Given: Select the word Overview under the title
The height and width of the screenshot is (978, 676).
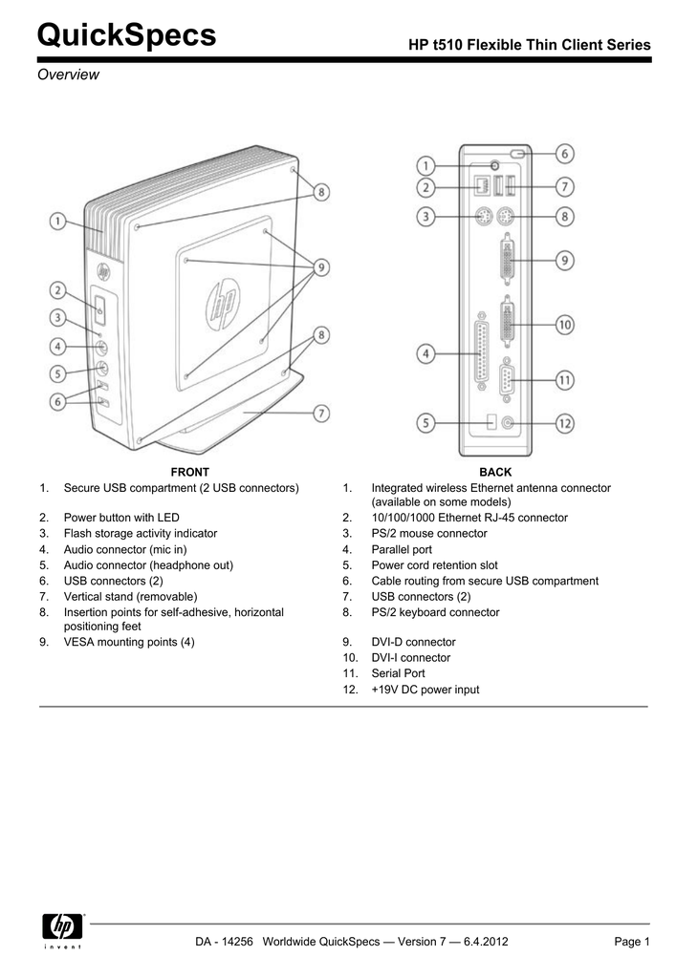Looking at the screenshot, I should point(68,74).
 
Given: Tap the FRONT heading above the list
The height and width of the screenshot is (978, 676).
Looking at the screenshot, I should point(189,472).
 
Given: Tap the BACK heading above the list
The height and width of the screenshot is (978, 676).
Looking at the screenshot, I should point(495,472).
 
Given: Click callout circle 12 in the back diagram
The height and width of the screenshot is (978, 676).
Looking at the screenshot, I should point(566,421).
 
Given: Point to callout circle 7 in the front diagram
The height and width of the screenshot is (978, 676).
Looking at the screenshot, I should point(322,413).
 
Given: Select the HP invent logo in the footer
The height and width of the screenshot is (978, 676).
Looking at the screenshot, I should point(64,932).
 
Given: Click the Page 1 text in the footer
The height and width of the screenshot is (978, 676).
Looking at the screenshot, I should point(632,943).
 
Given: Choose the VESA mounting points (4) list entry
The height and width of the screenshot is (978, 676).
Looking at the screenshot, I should point(129,642).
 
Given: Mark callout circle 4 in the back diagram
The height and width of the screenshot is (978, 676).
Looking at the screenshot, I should point(426,353).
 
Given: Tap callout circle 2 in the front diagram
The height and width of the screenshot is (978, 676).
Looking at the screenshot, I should point(58,288).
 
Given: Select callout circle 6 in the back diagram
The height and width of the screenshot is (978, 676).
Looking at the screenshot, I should point(566,153).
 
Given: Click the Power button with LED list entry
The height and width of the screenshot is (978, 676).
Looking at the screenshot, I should point(121,518).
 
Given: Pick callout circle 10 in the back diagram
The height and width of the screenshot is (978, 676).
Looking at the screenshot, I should point(566,325).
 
